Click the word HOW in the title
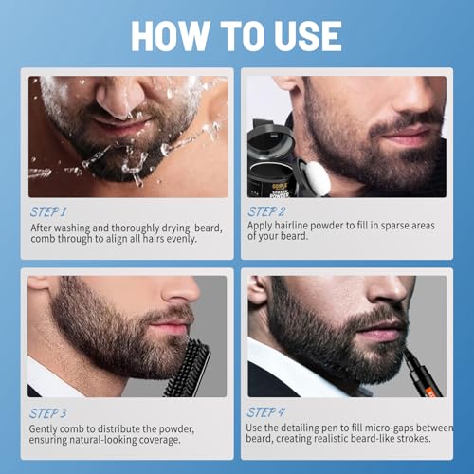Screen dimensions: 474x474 tap(171, 35)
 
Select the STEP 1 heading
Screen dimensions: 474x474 tap(48, 211)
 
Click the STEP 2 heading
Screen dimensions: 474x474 tap(266, 211)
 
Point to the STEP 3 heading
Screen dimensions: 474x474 tap(48, 413)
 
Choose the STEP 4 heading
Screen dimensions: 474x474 tap(265, 412)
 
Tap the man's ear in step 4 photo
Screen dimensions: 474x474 tap(258, 289)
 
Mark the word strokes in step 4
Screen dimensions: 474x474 tap(413, 438)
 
